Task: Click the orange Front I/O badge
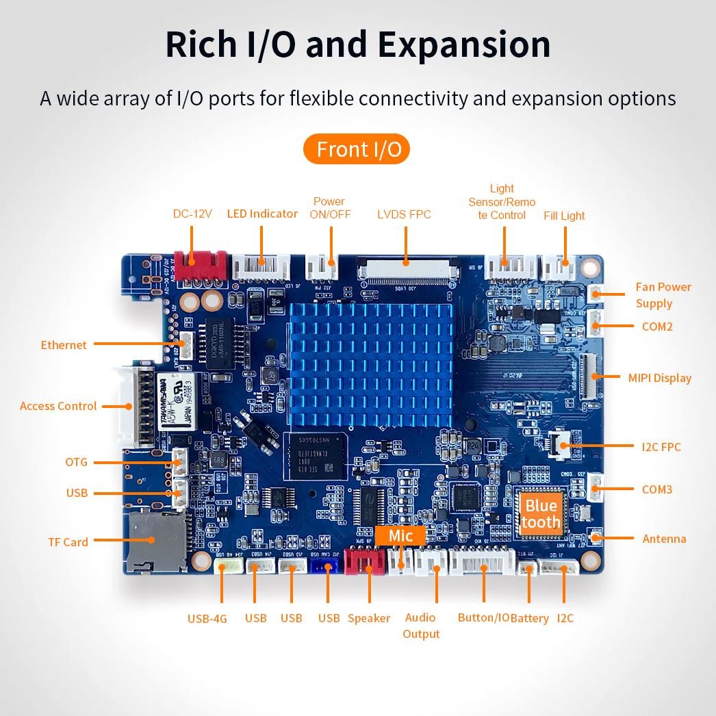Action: (356, 149)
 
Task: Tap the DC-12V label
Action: (192, 214)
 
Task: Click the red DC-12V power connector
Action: (200, 261)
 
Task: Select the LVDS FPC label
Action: (404, 214)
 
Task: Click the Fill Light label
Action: (564, 216)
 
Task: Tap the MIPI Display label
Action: (659, 378)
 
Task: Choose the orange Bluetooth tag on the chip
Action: (541, 514)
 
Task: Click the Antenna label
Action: (664, 539)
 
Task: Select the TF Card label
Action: (68, 542)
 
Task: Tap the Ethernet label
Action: (64, 345)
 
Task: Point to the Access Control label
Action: (58, 406)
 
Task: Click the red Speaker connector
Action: (365, 561)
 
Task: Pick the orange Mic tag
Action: (400, 536)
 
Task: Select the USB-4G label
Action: (207, 619)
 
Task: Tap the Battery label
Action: (530, 619)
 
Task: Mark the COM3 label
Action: (656, 489)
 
